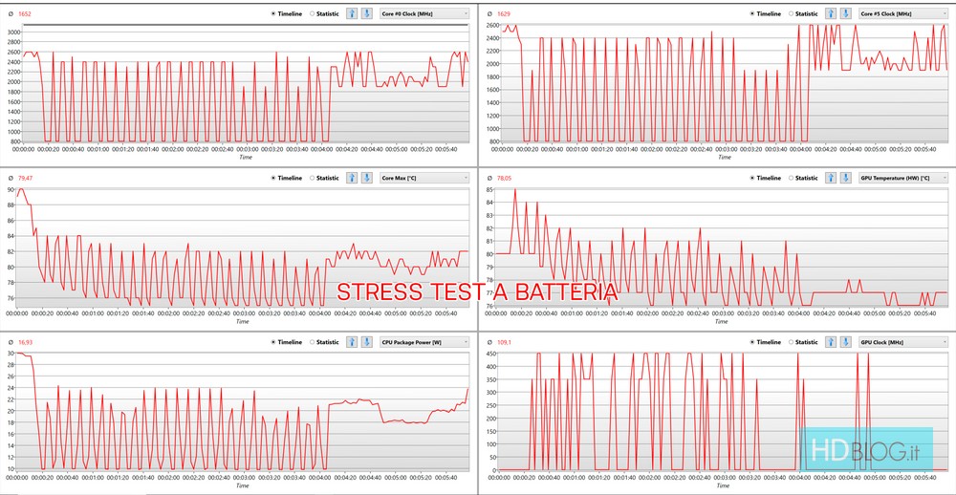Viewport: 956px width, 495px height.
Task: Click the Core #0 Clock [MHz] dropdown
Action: point(424,13)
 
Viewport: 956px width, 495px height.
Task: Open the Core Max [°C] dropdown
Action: point(424,178)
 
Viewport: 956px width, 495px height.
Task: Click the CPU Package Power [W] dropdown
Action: point(424,342)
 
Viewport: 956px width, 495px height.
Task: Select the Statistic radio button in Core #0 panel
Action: point(313,13)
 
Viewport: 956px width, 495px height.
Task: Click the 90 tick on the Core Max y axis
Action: point(11,190)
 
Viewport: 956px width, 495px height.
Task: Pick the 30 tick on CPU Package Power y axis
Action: point(11,354)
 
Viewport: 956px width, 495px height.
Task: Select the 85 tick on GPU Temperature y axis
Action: point(489,190)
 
